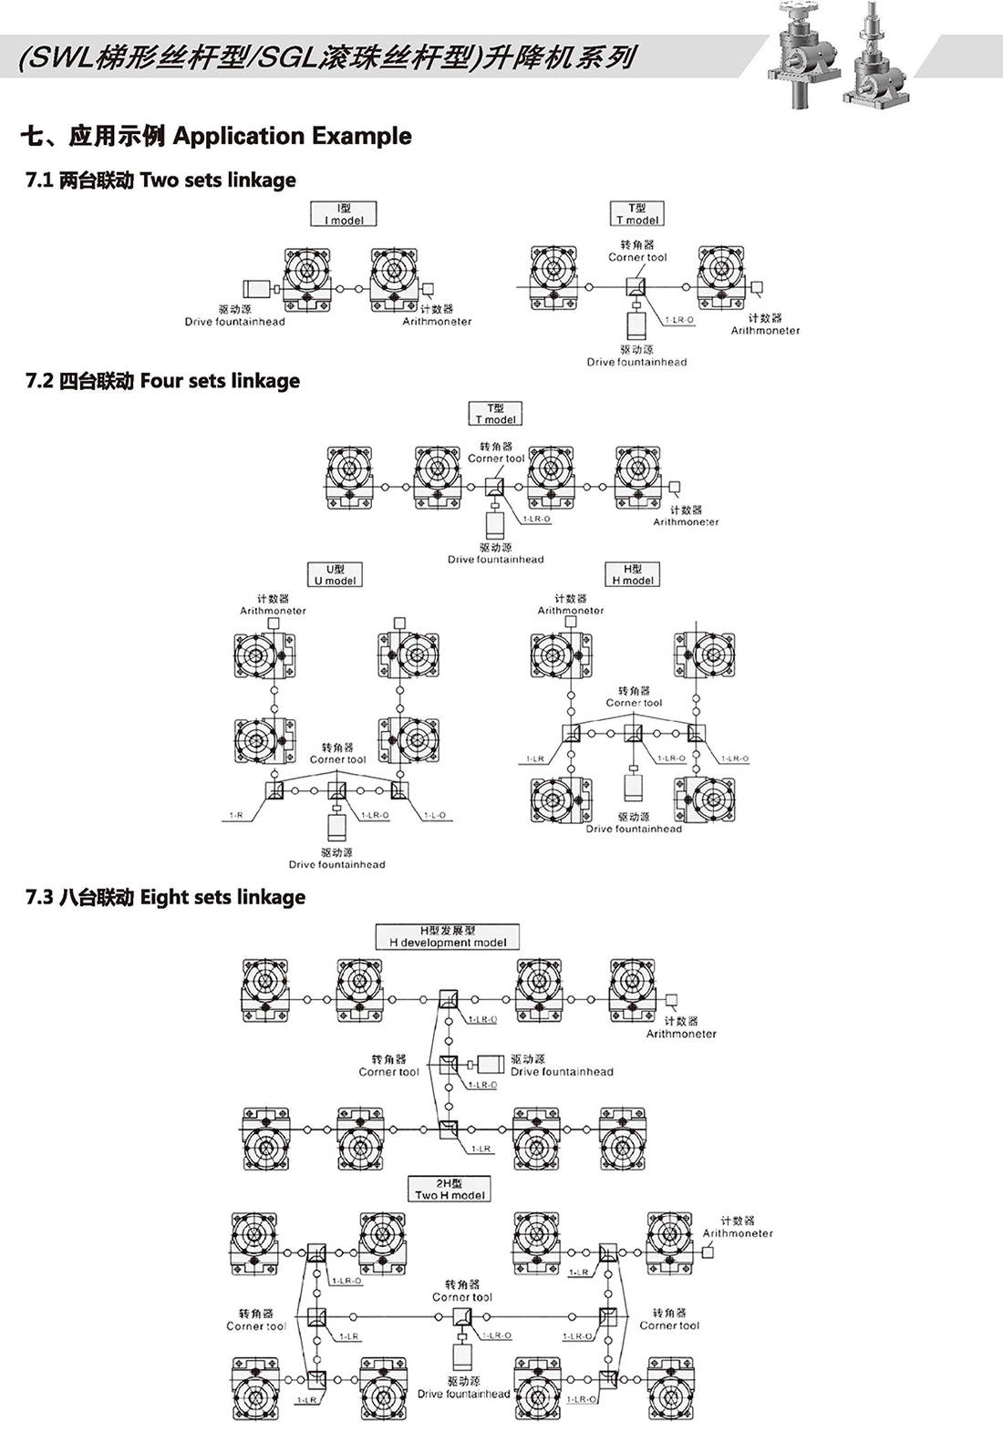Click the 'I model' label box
pyautogui.click(x=344, y=214)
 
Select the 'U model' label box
pyautogui.click(x=335, y=574)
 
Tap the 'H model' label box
pyautogui.click(x=633, y=574)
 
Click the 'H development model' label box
pyautogui.click(x=447, y=936)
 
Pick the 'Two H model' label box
pyautogui.click(x=450, y=1189)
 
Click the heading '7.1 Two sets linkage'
pyautogui.click(x=160, y=180)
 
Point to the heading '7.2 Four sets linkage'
pyautogui.click(x=162, y=381)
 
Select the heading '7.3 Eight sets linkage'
pyautogui.click(x=165, y=897)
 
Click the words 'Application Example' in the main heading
pyautogui.click(x=292, y=137)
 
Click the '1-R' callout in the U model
pyautogui.click(x=235, y=815)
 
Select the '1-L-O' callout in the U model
pyautogui.click(x=434, y=815)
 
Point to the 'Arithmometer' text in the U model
pyautogui.click(x=273, y=611)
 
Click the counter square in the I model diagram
pyautogui.click(x=429, y=289)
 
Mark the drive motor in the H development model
pyautogui.click(x=491, y=1064)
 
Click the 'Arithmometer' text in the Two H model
pyautogui.click(x=737, y=1233)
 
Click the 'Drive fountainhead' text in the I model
pyautogui.click(x=234, y=322)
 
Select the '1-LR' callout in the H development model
pyautogui.click(x=481, y=1149)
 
